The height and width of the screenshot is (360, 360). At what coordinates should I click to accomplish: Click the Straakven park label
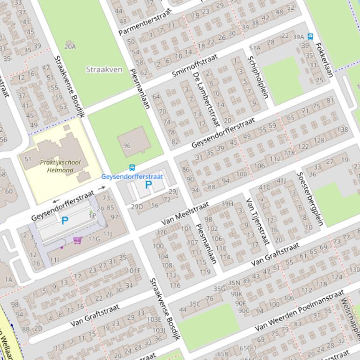(x=104, y=70)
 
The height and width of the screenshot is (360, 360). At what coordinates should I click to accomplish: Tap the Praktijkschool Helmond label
(x=60, y=166)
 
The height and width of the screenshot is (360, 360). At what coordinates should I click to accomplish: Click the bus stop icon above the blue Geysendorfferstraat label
(x=132, y=168)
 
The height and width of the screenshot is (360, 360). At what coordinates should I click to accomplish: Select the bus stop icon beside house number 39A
(x=310, y=36)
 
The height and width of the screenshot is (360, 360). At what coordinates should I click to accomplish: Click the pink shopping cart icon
(x=77, y=240)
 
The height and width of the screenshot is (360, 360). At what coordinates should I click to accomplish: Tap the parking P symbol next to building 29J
(x=148, y=185)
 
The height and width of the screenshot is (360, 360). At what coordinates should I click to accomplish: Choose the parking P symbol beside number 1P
(x=65, y=221)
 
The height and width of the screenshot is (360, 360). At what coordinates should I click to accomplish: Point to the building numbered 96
(x=127, y=146)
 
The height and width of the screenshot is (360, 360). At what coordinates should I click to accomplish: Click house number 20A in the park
(x=70, y=46)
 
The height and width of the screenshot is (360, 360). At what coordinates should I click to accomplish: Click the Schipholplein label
(x=258, y=77)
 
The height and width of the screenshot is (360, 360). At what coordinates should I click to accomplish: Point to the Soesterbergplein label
(x=310, y=198)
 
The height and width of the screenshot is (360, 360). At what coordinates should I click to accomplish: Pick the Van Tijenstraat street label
(x=258, y=221)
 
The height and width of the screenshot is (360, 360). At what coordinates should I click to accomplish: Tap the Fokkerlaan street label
(x=324, y=60)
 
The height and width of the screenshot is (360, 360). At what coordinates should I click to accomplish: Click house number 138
(x=343, y=130)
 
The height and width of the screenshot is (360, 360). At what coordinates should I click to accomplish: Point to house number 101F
(x=133, y=270)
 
